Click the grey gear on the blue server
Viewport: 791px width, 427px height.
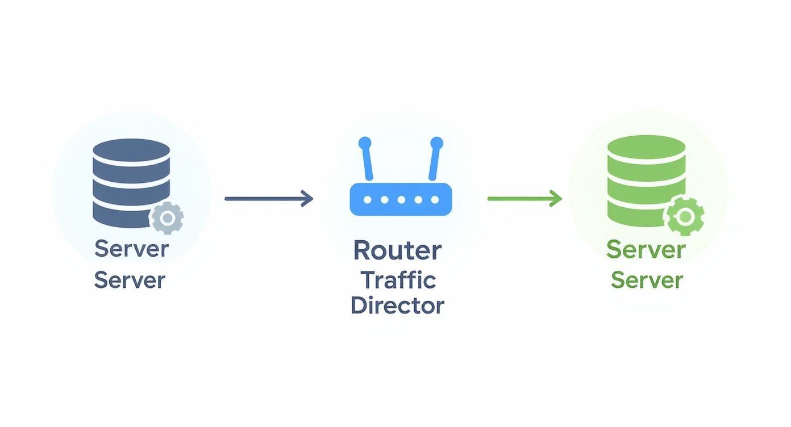pyautogui.click(x=167, y=218)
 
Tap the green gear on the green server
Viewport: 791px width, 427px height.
pyautogui.click(x=685, y=216)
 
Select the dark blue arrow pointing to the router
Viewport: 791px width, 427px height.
pyautogui.click(x=268, y=199)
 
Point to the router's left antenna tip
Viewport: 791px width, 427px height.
pyautogui.click(x=365, y=143)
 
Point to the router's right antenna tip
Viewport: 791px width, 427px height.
pyautogui.click(x=436, y=143)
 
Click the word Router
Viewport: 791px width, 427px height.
pyautogui.click(x=397, y=250)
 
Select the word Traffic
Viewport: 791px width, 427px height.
pyautogui.click(x=398, y=279)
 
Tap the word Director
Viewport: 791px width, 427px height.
pyautogui.click(x=397, y=305)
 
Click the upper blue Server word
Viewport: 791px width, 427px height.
pyautogui.click(x=131, y=249)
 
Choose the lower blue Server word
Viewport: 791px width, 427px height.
pyautogui.click(x=130, y=280)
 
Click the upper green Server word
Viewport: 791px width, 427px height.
pyautogui.click(x=646, y=249)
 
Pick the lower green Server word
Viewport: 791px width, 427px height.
pyautogui.click(x=647, y=280)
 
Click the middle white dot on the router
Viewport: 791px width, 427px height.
pyautogui.click(x=401, y=200)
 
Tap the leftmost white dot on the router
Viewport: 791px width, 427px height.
pyautogui.click(x=368, y=200)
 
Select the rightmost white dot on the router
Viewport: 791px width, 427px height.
pyautogui.click(x=435, y=200)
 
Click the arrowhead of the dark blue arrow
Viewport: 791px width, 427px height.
pyautogui.click(x=307, y=199)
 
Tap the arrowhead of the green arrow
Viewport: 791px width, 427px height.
pyautogui.click(x=556, y=199)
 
